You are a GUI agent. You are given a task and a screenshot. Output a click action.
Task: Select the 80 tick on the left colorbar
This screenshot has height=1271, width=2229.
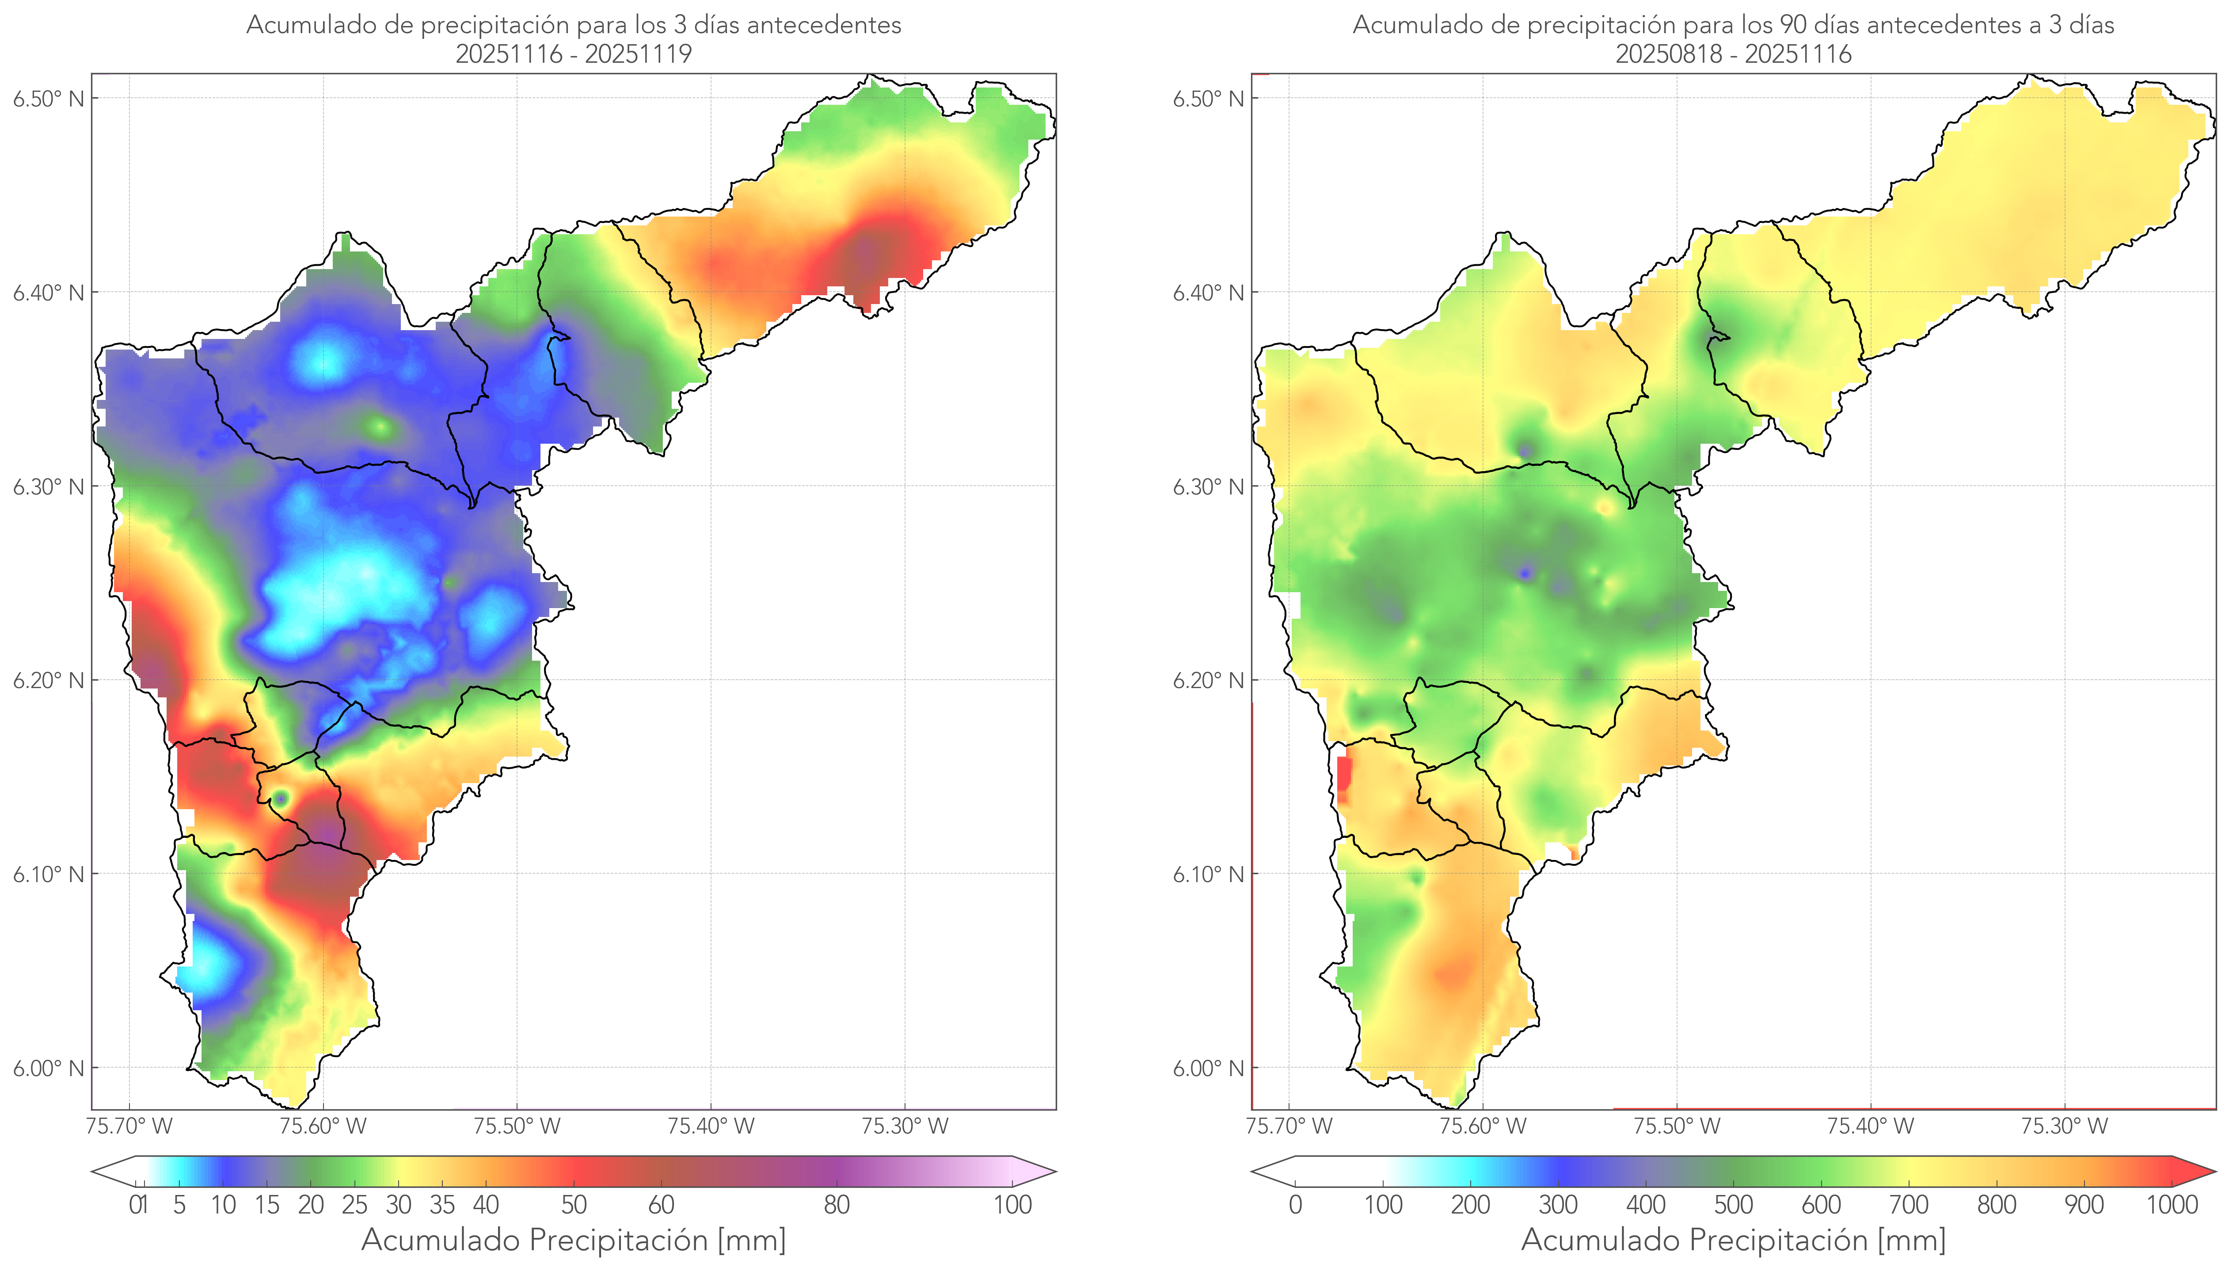point(836,1205)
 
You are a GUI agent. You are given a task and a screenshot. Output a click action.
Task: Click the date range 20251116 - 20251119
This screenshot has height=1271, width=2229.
point(574,54)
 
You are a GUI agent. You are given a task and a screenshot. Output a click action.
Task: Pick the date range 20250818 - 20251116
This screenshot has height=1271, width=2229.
point(1733,54)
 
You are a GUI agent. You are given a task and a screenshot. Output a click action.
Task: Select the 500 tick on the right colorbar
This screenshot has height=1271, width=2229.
point(1733,1205)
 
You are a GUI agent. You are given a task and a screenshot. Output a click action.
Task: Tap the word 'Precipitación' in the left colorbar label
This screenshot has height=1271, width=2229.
point(620,1240)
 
